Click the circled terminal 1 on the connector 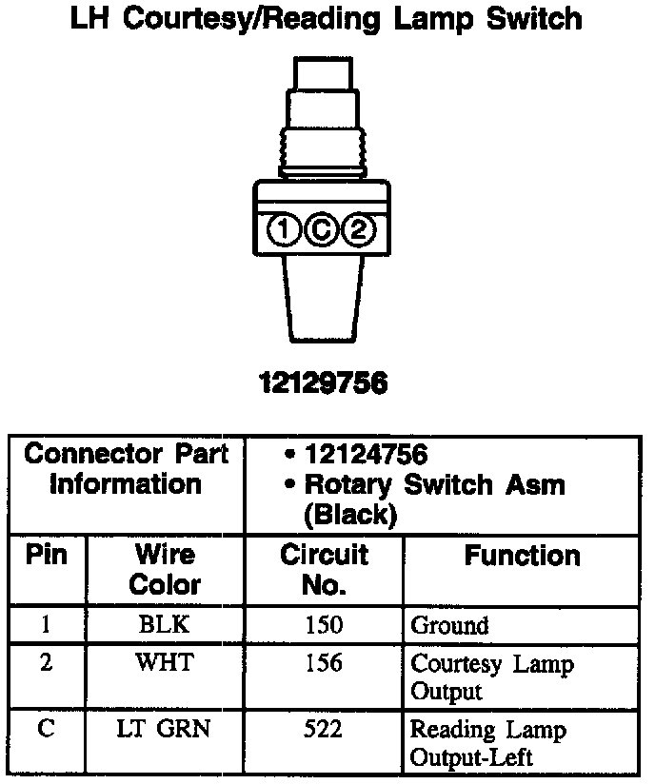(x=285, y=229)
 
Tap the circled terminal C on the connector (x=322, y=229)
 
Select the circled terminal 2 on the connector (x=358, y=229)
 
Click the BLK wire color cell (x=164, y=625)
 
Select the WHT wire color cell (x=164, y=662)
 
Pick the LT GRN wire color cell (x=164, y=730)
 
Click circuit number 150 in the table (x=323, y=625)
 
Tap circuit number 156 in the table (x=323, y=662)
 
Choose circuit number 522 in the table (x=323, y=730)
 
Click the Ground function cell (x=449, y=625)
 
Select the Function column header (x=522, y=556)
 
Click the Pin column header (x=47, y=555)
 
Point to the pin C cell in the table (x=47, y=730)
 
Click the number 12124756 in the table (x=367, y=454)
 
